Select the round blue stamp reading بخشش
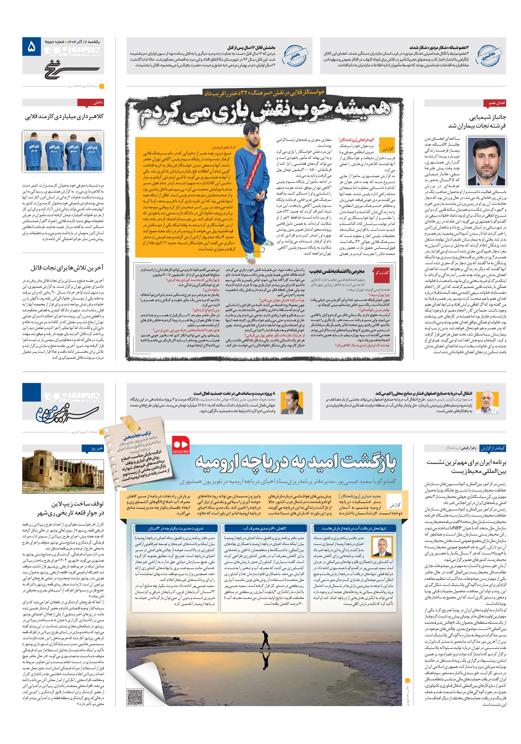coord(295,56)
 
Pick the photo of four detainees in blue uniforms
coord(63,151)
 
